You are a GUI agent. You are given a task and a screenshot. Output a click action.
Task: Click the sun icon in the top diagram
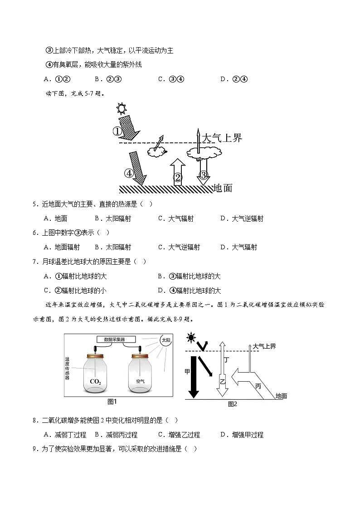[121, 108]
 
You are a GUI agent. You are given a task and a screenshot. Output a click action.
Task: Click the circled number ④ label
[130, 173]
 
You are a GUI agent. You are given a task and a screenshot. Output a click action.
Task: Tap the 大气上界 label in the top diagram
[222, 138]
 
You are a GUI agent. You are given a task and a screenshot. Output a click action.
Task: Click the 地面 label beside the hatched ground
[222, 188]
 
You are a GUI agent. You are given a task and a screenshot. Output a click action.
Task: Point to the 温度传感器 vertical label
[67, 367]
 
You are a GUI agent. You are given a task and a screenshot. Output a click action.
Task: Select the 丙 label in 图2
[258, 386]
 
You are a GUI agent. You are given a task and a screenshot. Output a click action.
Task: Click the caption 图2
[232, 404]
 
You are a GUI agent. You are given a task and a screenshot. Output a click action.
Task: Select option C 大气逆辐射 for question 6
[179, 247]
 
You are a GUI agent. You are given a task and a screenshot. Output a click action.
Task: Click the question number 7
[35, 262]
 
